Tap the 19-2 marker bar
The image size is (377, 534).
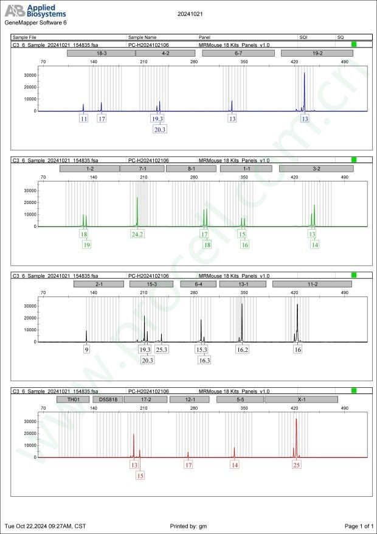(x=317, y=54)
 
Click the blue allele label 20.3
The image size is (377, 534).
(x=160, y=130)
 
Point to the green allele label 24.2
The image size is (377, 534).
(x=137, y=234)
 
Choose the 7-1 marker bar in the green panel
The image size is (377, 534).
(x=142, y=168)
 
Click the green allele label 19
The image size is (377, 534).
(x=86, y=245)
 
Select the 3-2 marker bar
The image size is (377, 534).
(x=316, y=168)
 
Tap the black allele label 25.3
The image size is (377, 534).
(x=162, y=350)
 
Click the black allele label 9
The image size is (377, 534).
(x=87, y=350)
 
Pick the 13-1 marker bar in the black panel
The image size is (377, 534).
(x=243, y=284)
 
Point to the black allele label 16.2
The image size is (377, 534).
(x=243, y=350)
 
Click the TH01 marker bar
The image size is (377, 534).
(x=73, y=399)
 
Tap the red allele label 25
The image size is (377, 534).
(x=296, y=465)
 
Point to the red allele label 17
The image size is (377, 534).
(x=188, y=465)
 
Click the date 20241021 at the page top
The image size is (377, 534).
(x=190, y=13)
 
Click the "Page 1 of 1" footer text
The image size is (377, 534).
(x=359, y=525)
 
